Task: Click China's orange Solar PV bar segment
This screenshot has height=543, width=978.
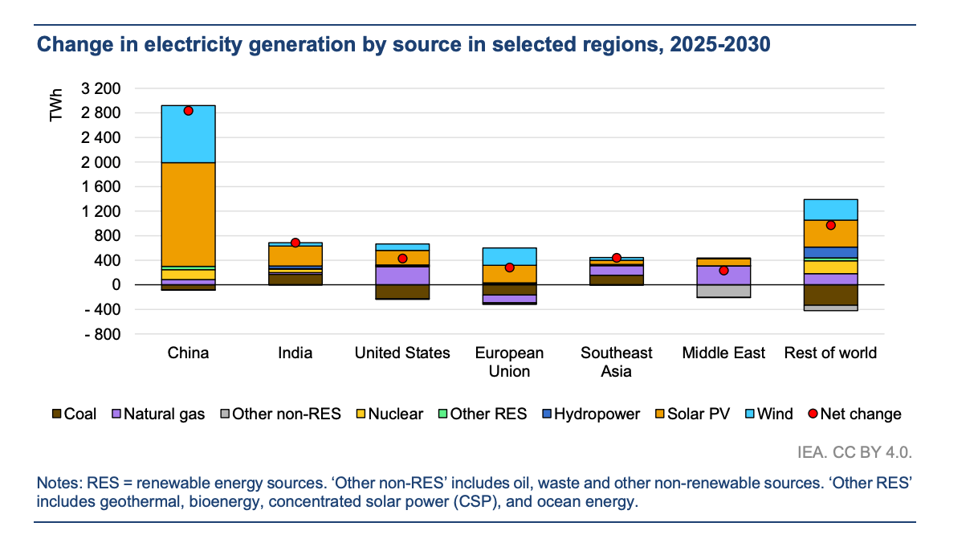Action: click(x=188, y=214)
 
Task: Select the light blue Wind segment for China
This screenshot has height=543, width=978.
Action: click(x=188, y=133)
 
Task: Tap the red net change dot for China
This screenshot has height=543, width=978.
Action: click(x=188, y=111)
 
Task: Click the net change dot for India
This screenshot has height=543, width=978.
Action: click(x=295, y=243)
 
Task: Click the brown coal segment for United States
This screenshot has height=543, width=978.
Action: click(x=402, y=292)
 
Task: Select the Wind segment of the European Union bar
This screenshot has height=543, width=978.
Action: click(x=509, y=256)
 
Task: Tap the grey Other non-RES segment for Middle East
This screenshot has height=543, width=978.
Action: click(x=723, y=291)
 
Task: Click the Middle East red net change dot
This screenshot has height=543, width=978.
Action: click(x=723, y=271)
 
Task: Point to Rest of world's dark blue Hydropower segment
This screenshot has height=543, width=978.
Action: click(x=830, y=252)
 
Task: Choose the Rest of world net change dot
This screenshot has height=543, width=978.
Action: click(x=830, y=225)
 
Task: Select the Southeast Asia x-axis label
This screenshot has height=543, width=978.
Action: click(x=617, y=361)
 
